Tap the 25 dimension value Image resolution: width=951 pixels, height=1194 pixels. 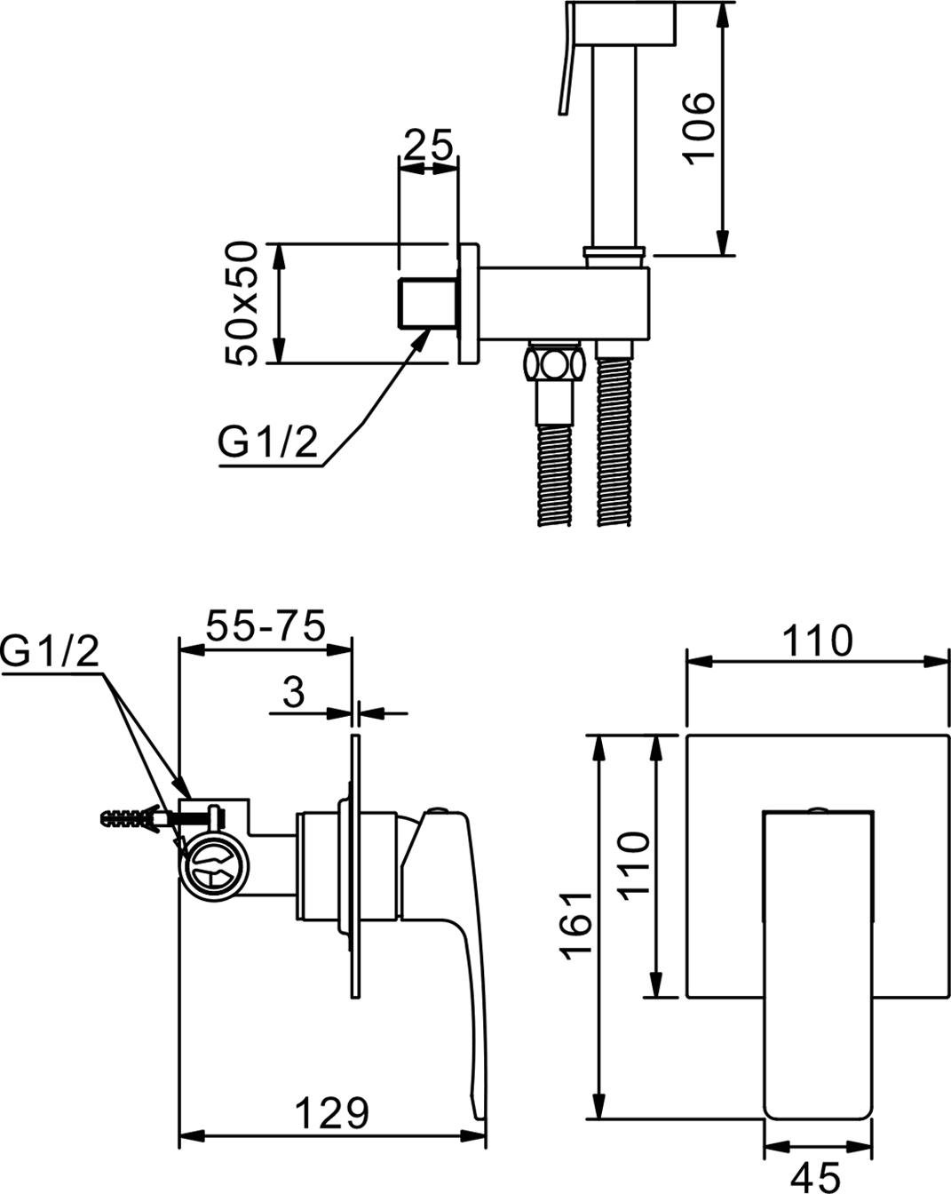428,145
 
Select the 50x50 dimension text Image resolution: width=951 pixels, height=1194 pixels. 242,304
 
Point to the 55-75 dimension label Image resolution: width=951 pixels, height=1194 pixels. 265,625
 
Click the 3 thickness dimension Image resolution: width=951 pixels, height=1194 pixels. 293,692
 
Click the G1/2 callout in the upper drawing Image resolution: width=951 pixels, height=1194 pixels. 267,442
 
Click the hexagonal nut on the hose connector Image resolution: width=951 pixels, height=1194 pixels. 554,366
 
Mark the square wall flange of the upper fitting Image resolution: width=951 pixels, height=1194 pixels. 469,304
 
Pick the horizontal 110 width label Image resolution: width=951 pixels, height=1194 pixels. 817,641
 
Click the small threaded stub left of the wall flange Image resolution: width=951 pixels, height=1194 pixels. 427,304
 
